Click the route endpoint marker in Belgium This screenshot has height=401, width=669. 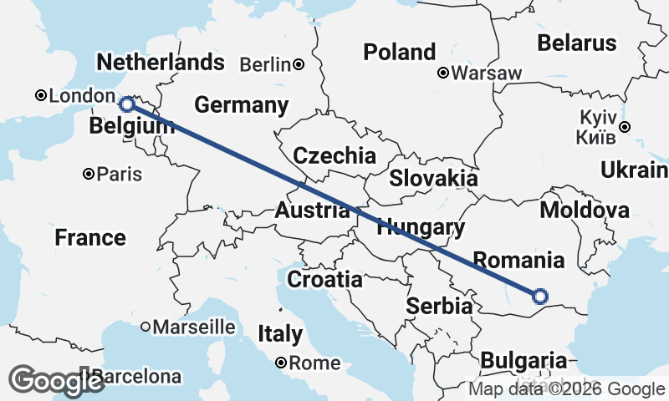pyautogui.click(x=126, y=104)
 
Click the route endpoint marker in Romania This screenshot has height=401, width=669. pyautogui.click(x=540, y=295)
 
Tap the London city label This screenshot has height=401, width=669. pyautogui.click(x=77, y=97)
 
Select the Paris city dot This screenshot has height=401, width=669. pyautogui.click(x=88, y=175)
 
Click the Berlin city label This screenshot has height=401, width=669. pyautogui.click(x=265, y=64)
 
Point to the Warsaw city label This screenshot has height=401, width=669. pyautogui.click(x=487, y=74)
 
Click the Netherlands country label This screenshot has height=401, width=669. pyautogui.click(x=161, y=63)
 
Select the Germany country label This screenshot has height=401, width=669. pyautogui.click(x=241, y=105)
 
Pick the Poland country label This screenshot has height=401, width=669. pyautogui.click(x=400, y=52)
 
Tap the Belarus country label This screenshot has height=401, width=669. pyautogui.click(x=577, y=43)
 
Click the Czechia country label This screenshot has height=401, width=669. pyautogui.click(x=334, y=155)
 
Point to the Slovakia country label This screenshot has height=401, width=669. pyautogui.click(x=433, y=178)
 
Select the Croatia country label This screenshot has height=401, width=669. pyautogui.click(x=324, y=279)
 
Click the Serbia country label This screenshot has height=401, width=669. pyautogui.click(x=439, y=307)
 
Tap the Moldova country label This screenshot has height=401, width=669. pyautogui.click(x=585, y=210)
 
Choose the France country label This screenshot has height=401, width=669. pyautogui.click(x=90, y=238)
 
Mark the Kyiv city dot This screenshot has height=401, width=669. pyautogui.click(x=625, y=127)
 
